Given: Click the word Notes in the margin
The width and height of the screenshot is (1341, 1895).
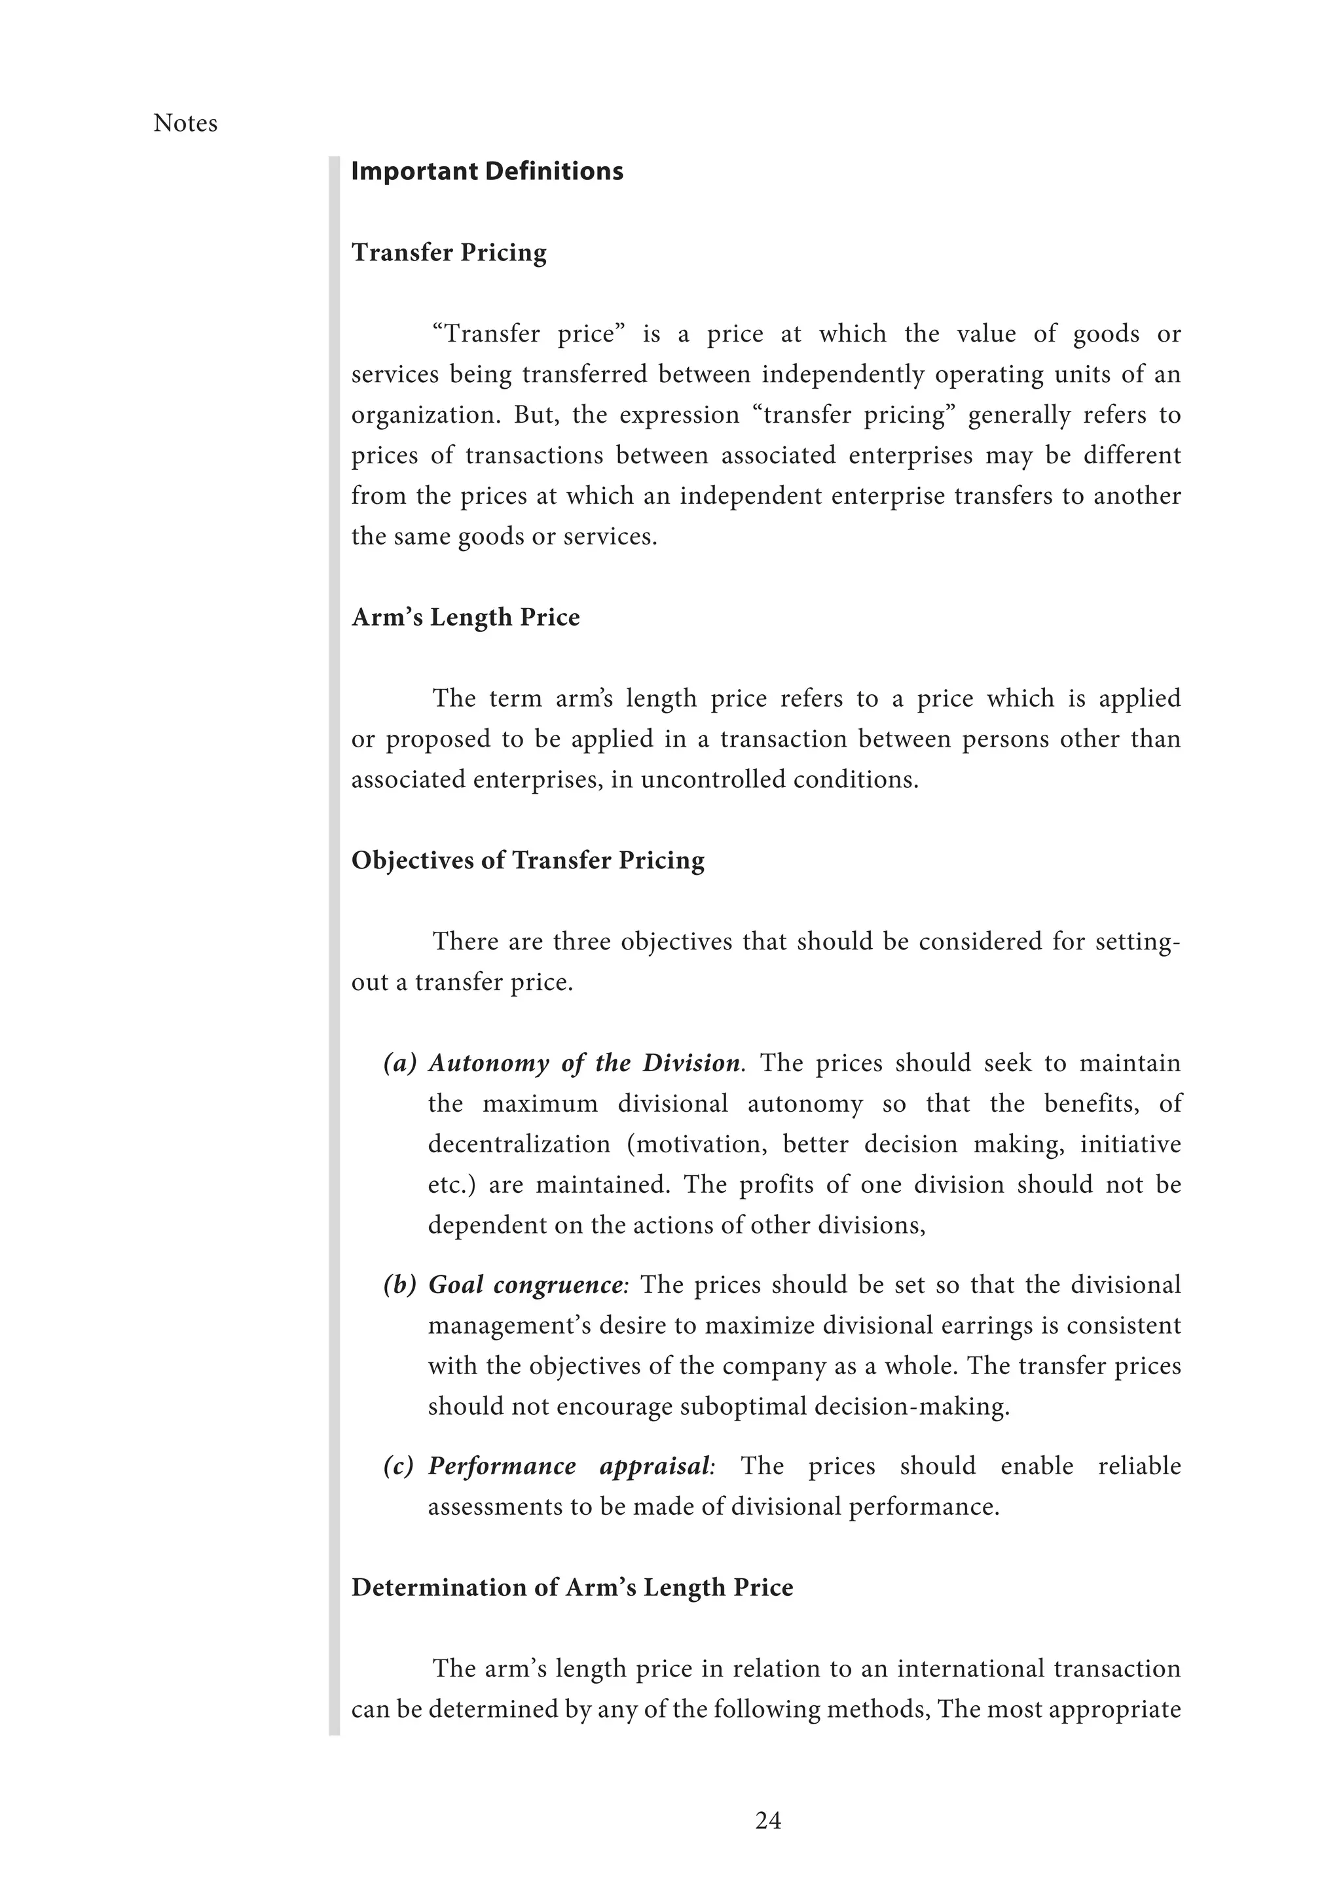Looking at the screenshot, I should [x=185, y=124].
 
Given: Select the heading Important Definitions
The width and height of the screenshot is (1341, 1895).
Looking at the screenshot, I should [x=487, y=171].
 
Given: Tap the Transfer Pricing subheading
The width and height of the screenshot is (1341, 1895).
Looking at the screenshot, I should [x=449, y=253].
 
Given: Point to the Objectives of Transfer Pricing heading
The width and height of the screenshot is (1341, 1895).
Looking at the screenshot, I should [x=528, y=861].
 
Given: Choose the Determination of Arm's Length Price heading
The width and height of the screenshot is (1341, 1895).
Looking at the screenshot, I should [x=572, y=1588].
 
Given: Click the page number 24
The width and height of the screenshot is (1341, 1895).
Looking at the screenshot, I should [x=768, y=1820].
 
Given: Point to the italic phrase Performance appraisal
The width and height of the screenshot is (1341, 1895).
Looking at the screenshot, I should [x=570, y=1466].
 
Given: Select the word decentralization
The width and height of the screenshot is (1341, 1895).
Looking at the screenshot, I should [x=519, y=1144].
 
